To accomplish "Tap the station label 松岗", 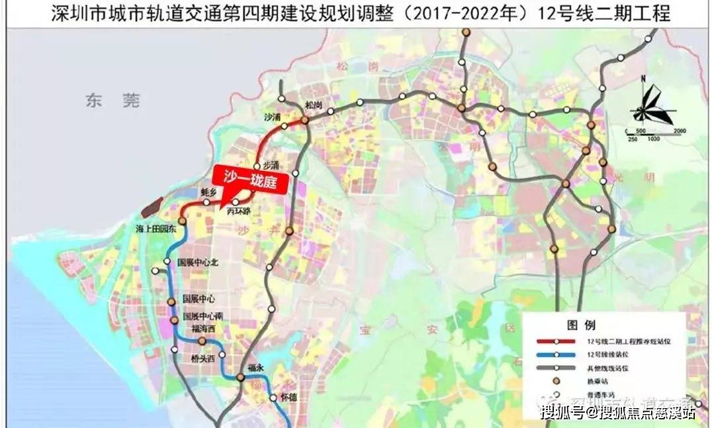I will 314,106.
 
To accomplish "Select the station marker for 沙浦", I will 284,126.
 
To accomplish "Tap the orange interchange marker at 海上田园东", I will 181,221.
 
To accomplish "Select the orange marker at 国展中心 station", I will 171,301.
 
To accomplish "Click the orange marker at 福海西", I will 202,341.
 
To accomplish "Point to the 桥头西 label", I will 202,358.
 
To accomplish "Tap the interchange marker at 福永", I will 241,378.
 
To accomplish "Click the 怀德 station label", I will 289,398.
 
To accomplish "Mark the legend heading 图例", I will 580,325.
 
